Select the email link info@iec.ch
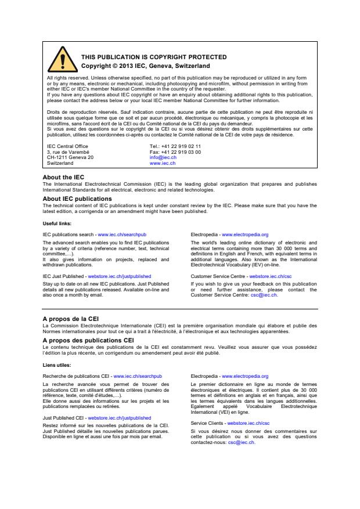pyautogui.click(x=163, y=157)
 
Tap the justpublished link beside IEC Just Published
pyautogui.click(x=120, y=277)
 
